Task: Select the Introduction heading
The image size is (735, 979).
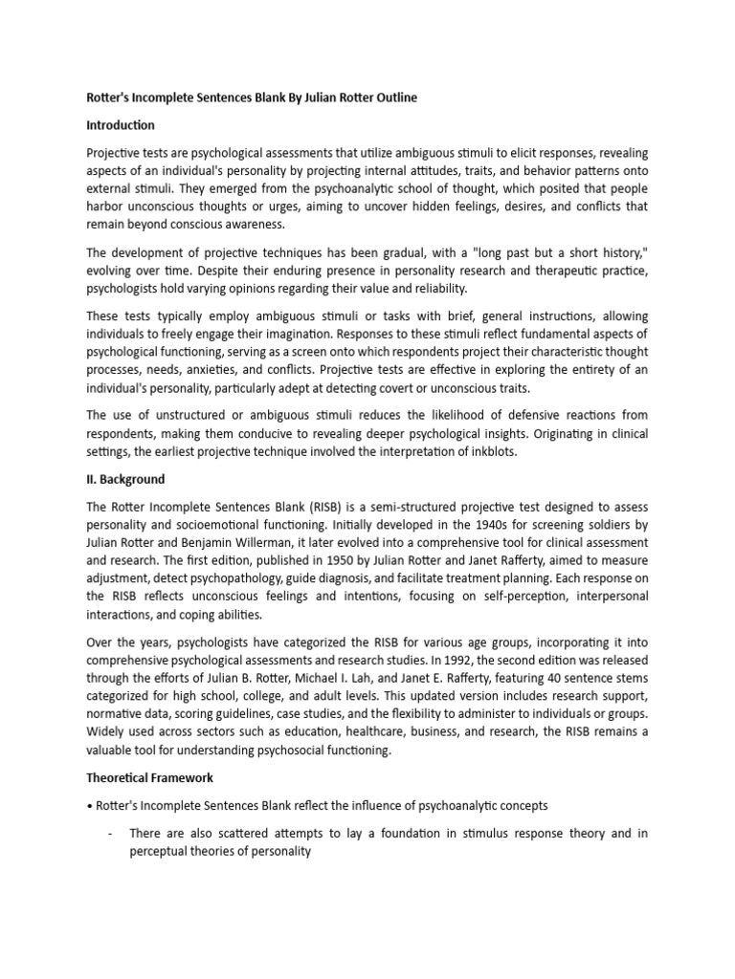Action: click(x=121, y=125)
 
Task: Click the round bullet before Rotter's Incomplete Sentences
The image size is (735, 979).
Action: click(x=89, y=807)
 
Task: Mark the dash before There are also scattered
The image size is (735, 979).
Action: click(x=112, y=834)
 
